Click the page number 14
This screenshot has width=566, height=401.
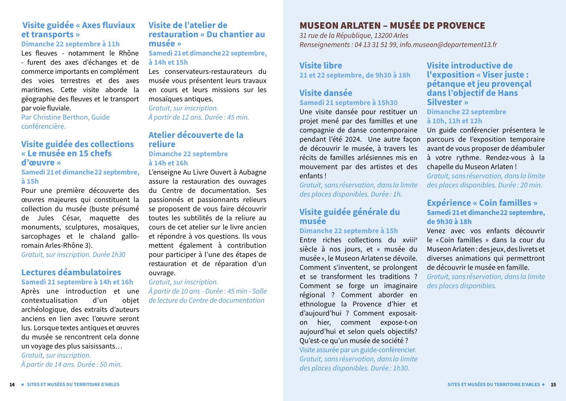[12, 384]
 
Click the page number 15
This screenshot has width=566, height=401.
[553, 384]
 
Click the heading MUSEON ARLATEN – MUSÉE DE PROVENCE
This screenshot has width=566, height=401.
[392, 25]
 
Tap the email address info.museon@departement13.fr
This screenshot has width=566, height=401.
[448, 44]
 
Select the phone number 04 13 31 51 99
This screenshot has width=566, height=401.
[376, 44]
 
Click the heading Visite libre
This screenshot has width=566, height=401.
[321, 65]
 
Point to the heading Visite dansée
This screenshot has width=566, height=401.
[326, 93]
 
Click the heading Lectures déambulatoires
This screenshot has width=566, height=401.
[71, 272]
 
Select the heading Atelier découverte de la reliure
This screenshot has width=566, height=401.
[196, 139]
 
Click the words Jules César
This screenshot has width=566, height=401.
[59, 218]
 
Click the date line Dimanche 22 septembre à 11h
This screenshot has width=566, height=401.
[70, 44]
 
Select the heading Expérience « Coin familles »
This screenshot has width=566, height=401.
[482, 203]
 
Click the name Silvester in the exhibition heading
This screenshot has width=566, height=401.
[444, 102]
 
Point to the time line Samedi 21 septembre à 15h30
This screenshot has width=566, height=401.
[348, 103]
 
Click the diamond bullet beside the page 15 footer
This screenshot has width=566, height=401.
[543, 384]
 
